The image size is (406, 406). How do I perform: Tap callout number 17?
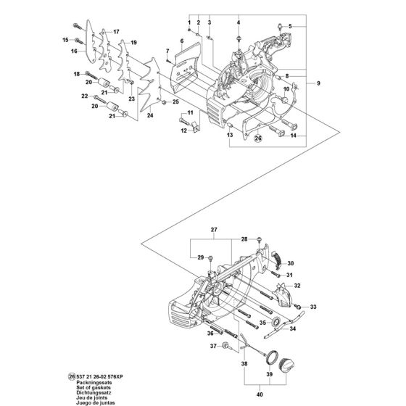coord(115,32)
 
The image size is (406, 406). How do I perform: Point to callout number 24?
coord(149,115)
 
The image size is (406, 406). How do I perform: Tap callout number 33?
coord(314,307)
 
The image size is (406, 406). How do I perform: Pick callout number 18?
coord(75,75)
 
